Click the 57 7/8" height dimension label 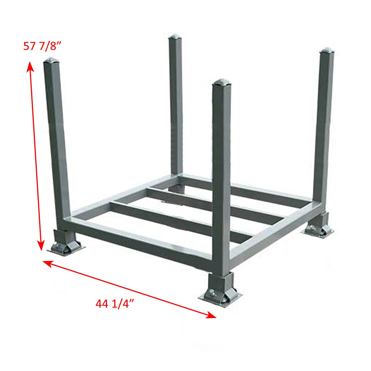tap(42, 46)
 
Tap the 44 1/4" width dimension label tap(115, 304)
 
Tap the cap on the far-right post tap(327, 51)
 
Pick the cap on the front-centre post tap(222, 82)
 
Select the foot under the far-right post tap(317, 225)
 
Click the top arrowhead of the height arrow tap(30, 66)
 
